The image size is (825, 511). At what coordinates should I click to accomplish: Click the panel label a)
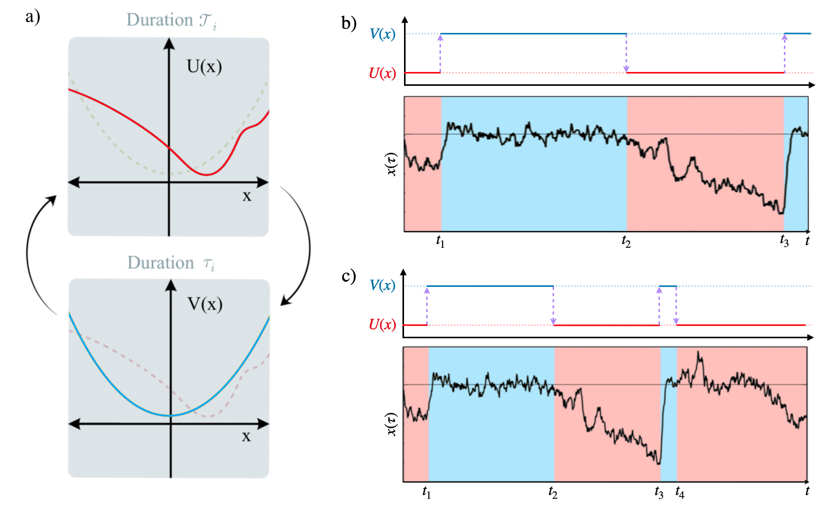[x=32, y=17]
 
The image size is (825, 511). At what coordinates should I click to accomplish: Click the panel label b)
[x=349, y=23]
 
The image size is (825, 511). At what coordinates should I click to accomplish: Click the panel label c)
[x=349, y=276]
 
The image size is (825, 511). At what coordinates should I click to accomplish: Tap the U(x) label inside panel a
[x=204, y=66]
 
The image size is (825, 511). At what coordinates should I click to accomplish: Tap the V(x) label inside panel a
[x=205, y=304]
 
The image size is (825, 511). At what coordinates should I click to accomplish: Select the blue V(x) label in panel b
[x=382, y=34]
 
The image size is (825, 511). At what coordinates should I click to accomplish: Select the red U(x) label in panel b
[x=382, y=74]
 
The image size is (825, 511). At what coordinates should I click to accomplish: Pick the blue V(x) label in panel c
[x=382, y=285]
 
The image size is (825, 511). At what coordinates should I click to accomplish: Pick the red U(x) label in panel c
[x=382, y=324]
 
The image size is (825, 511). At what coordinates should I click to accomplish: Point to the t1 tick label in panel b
[x=440, y=241]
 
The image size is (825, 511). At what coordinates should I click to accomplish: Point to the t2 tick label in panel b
[x=626, y=241]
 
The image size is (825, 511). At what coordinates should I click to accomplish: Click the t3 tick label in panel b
[x=784, y=241]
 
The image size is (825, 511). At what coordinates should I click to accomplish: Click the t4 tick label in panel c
[x=680, y=492]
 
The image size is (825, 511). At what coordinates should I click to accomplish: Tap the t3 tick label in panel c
[x=659, y=492]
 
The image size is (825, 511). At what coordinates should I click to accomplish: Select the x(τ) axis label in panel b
[x=392, y=165]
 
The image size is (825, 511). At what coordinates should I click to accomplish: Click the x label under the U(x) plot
[x=247, y=196]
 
